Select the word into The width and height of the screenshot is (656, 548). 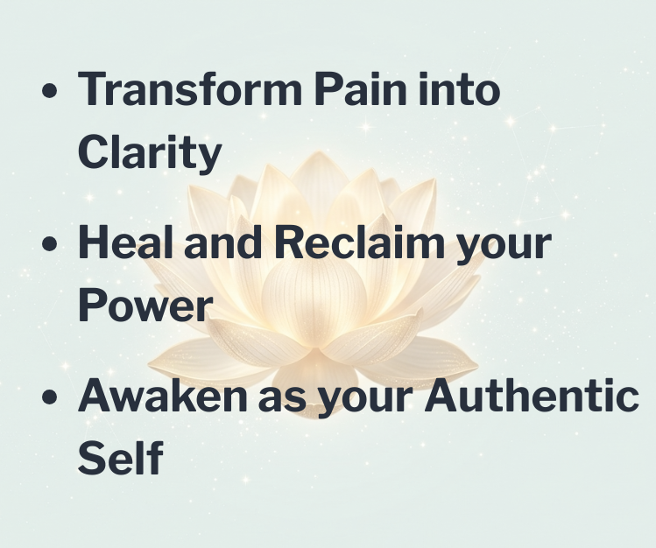click(x=458, y=90)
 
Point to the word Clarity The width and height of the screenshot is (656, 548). click(x=150, y=154)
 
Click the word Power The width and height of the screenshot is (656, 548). click(x=145, y=306)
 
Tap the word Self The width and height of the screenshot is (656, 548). click(x=120, y=460)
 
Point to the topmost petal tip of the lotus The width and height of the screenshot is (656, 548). click(x=307, y=157)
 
